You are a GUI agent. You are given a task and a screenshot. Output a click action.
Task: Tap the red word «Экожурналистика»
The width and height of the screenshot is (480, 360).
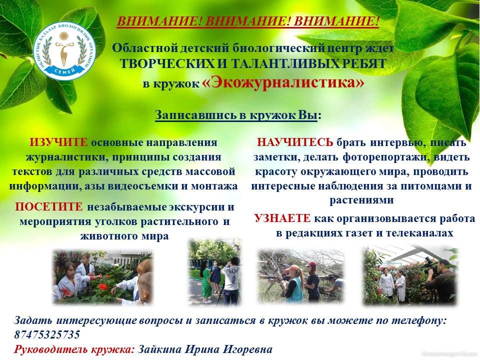[283, 82]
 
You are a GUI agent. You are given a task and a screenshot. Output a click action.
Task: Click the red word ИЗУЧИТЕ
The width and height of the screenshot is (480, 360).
[58, 142]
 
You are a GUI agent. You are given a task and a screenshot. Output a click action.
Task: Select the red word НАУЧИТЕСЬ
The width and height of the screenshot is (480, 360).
[295, 142]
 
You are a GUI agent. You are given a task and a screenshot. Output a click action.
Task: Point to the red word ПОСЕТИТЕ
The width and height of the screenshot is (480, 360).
[49, 207]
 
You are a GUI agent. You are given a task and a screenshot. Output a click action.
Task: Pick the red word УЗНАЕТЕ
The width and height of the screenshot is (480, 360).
[282, 218]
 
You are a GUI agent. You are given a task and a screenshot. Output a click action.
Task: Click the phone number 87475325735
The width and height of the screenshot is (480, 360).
[47, 334]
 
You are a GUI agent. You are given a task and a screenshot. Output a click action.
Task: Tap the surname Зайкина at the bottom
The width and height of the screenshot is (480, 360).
[159, 349]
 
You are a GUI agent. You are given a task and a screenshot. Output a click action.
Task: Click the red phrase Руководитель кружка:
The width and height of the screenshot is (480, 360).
[74, 349]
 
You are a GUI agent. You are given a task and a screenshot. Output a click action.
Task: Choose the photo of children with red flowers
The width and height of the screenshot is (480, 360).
[102, 277]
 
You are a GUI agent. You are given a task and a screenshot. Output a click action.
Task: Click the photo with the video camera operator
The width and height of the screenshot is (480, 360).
[409, 275]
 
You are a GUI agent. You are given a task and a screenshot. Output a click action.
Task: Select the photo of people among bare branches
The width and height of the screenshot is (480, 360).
[300, 276]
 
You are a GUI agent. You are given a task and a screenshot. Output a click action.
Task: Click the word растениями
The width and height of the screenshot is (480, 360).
[361, 200]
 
